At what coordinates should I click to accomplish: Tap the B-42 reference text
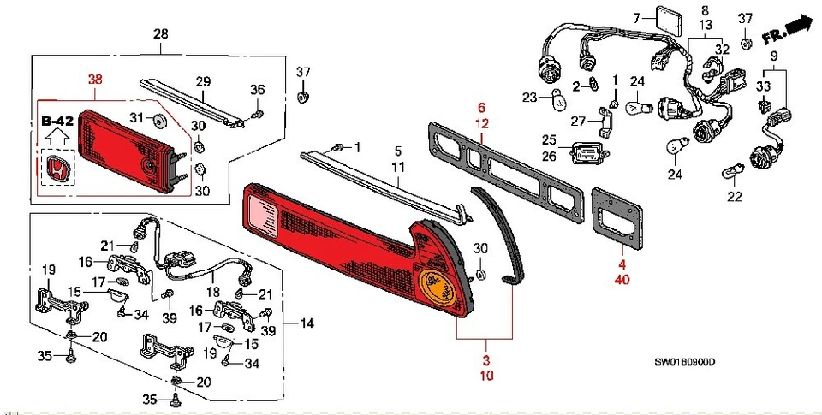click(x=58, y=121)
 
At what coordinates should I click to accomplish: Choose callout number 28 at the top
click(x=160, y=33)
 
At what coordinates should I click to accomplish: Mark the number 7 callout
click(x=637, y=18)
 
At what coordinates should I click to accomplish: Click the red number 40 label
click(x=622, y=279)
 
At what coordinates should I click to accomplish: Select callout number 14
click(x=307, y=324)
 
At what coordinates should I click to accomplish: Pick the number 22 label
click(x=734, y=196)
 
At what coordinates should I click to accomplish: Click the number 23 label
click(x=528, y=96)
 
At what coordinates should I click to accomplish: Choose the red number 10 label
click(x=487, y=375)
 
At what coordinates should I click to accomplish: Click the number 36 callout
click(x=259, y=91)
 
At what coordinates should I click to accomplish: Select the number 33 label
click(x=762, y=86)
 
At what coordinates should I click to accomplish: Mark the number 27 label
click(x=579, y=120)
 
